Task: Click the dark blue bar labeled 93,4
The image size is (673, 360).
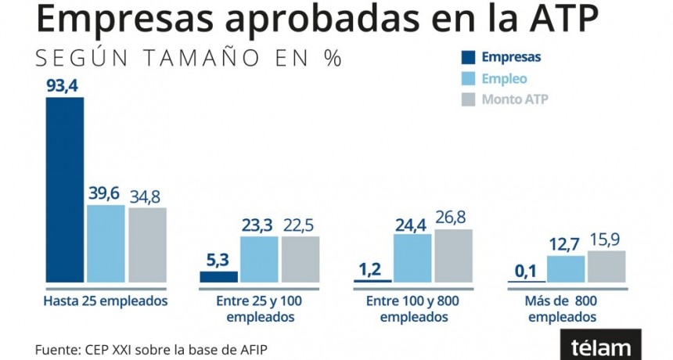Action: [64, 189]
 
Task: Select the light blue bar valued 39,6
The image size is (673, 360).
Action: [106, 243]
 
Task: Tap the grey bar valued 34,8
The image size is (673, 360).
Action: [147, 245]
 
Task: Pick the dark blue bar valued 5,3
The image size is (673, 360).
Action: [218, 276]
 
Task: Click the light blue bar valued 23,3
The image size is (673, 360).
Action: [259, 259]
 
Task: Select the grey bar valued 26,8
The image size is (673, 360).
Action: [454, 256]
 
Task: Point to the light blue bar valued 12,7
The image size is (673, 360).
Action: [565, 268]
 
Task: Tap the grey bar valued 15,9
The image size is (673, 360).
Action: [606, 266]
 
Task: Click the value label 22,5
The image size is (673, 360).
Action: [300, 225]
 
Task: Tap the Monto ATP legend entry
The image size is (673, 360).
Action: [504, 99]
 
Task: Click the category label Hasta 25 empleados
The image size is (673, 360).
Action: [106, 301]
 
